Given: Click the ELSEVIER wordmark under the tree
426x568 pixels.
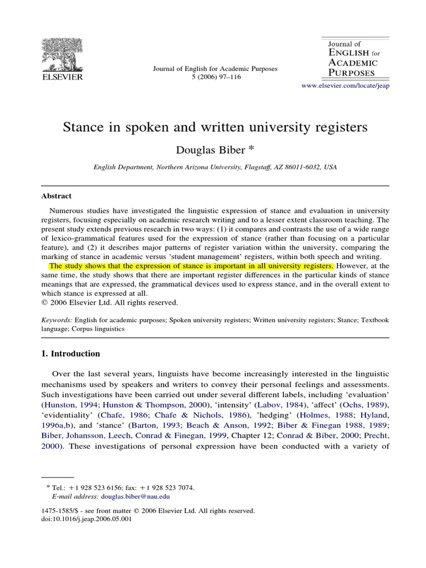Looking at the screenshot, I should pos(62,77).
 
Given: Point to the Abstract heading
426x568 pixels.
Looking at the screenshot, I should pos(57,196).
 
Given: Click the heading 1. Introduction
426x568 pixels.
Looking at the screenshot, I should pos(71,353).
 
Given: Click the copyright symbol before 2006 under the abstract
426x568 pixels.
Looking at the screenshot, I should pos(45,302).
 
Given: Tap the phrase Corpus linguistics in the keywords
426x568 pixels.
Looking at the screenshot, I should pos(98,328).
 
